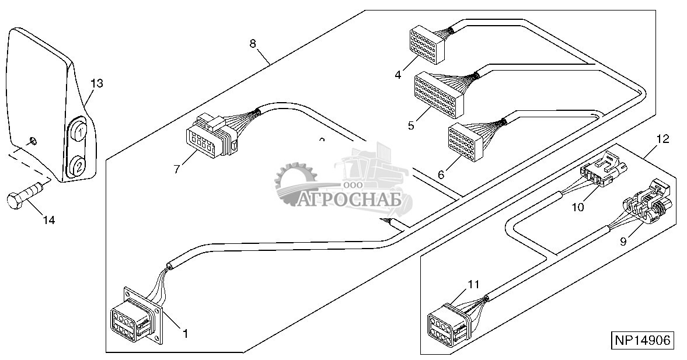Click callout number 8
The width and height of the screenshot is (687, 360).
click(252, 43)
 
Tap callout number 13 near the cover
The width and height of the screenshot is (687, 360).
click(96, 83)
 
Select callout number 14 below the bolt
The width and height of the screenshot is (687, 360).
click(48, 220)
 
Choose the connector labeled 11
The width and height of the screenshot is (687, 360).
click(448, 324)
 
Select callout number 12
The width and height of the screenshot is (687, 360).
click(662, 139)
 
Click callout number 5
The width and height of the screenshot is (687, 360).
click(411, 125)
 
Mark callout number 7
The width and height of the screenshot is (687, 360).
click(176, 169)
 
